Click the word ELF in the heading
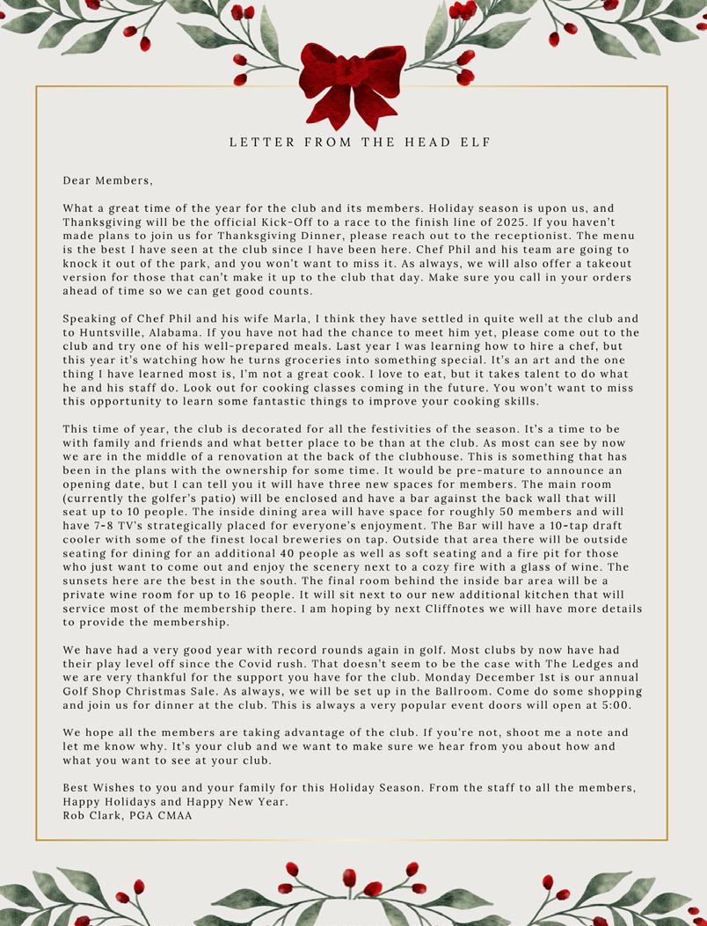(x=476, y=142)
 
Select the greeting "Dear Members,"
(x=107, y=180)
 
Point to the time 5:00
(x=616, y=704)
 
